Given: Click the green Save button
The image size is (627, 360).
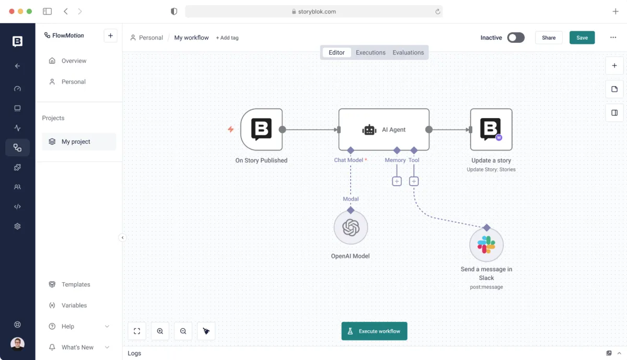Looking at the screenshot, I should tap(582, 38).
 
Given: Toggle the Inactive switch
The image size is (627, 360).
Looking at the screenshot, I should tap(516, 38).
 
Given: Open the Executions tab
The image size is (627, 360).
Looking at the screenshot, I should tap(370, 52).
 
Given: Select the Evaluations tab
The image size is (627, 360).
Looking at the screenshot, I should tap(408, 52).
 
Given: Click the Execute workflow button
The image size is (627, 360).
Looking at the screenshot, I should tap(374, 331).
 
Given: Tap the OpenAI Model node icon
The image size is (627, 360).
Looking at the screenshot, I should tap(351, 227).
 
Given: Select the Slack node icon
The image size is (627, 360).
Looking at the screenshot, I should tap(486, 245).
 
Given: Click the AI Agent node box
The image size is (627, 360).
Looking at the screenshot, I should tap(384, 130).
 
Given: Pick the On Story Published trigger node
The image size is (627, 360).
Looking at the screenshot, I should tap(261, 130).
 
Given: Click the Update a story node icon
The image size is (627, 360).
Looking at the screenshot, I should tap(491, 130).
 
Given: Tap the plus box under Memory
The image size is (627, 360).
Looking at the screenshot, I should tap(397, 181).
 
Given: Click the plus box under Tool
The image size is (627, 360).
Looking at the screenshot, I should tap(414, 181).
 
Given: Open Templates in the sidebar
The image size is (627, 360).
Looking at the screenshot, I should tap(76, 284).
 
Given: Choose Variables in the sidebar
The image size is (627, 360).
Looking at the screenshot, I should tap(74, 305).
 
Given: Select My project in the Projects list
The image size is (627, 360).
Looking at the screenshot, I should tap(76, 142).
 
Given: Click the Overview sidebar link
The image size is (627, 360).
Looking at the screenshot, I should tap(74, 61).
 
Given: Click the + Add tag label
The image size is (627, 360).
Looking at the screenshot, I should tap(227, 38).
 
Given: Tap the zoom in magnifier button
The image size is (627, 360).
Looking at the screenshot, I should tap(160, 331).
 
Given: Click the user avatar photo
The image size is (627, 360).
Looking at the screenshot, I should tap(17, 344).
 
